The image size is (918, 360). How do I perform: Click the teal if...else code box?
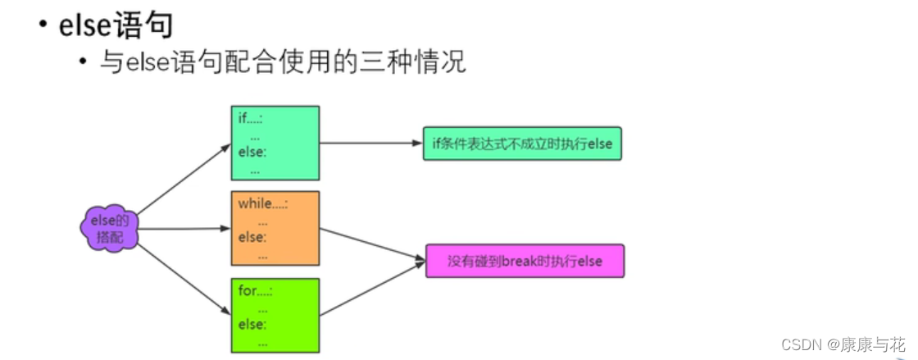click(275, 143)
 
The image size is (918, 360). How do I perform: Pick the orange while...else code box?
click(275, 229)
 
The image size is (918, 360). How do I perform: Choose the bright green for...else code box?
click(275, 315)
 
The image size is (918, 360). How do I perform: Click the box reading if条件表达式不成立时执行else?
click(522, 144)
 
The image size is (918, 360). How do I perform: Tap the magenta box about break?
click(525, 261)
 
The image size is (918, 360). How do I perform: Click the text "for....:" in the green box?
click(255, 290)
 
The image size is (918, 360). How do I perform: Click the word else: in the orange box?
click(252, 238)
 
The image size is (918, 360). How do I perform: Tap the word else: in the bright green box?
click(252, 325)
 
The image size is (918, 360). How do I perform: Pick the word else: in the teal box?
click(252, 153)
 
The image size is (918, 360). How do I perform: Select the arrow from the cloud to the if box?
click(184, 179)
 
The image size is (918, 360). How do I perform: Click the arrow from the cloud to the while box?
click(184, 229)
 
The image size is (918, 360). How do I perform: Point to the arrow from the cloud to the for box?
click(184, 277)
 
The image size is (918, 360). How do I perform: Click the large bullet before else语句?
click(41, 25)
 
